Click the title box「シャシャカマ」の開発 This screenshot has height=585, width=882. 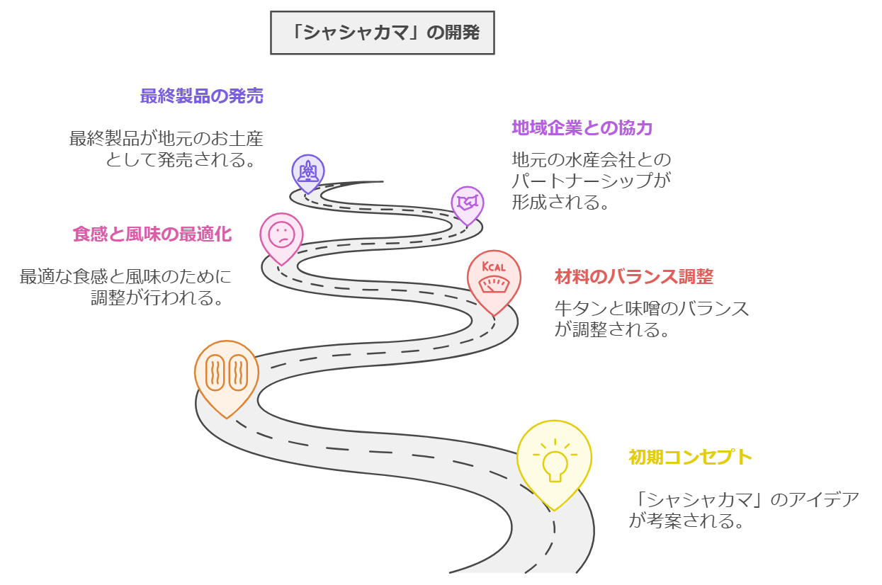tap(383, 33)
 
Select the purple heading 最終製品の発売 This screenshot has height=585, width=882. tap(202, 96)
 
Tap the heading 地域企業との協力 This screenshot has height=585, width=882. tap(582, 128)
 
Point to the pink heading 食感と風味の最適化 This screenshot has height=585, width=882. tap(152, 234)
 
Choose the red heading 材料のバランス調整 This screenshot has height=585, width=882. tap(633, 277)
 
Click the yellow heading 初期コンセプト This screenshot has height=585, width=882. tap(690, 458)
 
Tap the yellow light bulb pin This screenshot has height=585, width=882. tap(554, 460)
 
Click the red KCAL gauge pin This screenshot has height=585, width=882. tap(494, 280)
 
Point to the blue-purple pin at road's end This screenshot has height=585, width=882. tap(308, 171)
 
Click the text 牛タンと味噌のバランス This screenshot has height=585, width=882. tap(651, 309)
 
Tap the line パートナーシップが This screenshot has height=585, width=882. tap(591, 181)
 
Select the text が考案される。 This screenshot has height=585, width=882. tap(686, 521)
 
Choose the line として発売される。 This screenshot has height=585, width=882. tap(181, 159)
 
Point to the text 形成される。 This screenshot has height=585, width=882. tap(561, 202)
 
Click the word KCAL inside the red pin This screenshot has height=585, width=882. tap(494, 267)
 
